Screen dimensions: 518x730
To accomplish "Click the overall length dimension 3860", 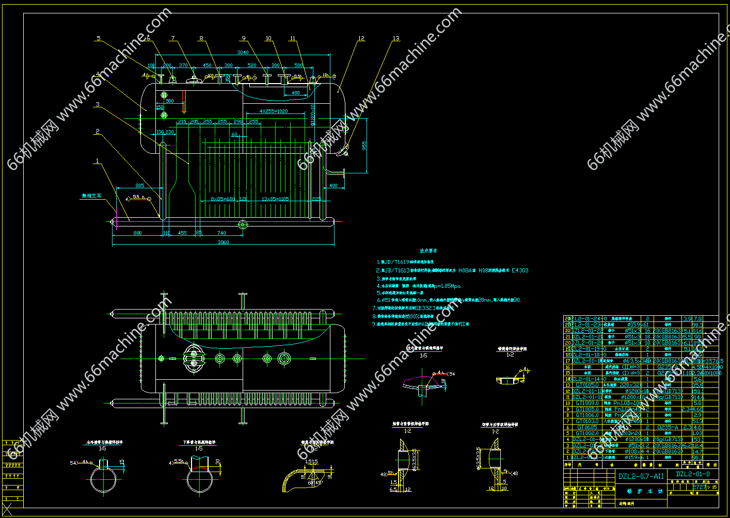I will coord(223,242).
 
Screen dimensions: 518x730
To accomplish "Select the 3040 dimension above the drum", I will coord(243,52).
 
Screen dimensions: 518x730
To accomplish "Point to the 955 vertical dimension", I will coord(364,145).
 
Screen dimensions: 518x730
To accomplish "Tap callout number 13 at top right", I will coord(396,38).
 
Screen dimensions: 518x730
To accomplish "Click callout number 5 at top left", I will coord(99,38).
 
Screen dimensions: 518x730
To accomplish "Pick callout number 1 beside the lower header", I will coord(97,161).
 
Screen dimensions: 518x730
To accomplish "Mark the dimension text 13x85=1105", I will coord(275,199).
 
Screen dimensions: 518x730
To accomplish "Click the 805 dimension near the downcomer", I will coord(140,186).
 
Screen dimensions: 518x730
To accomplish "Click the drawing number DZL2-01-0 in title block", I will coord(693,474).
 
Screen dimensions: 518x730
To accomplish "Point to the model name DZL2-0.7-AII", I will coord(641,476).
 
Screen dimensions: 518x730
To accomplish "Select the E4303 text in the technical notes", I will coord(520,270).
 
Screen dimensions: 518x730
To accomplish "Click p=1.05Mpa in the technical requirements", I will coord(447,286).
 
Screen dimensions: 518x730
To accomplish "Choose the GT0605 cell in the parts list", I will coord(587,427).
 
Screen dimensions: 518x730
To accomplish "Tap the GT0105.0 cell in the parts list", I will coord(588,385).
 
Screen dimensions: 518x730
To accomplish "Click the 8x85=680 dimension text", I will coord(223,199).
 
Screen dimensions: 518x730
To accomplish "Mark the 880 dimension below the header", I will coord(138,233).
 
